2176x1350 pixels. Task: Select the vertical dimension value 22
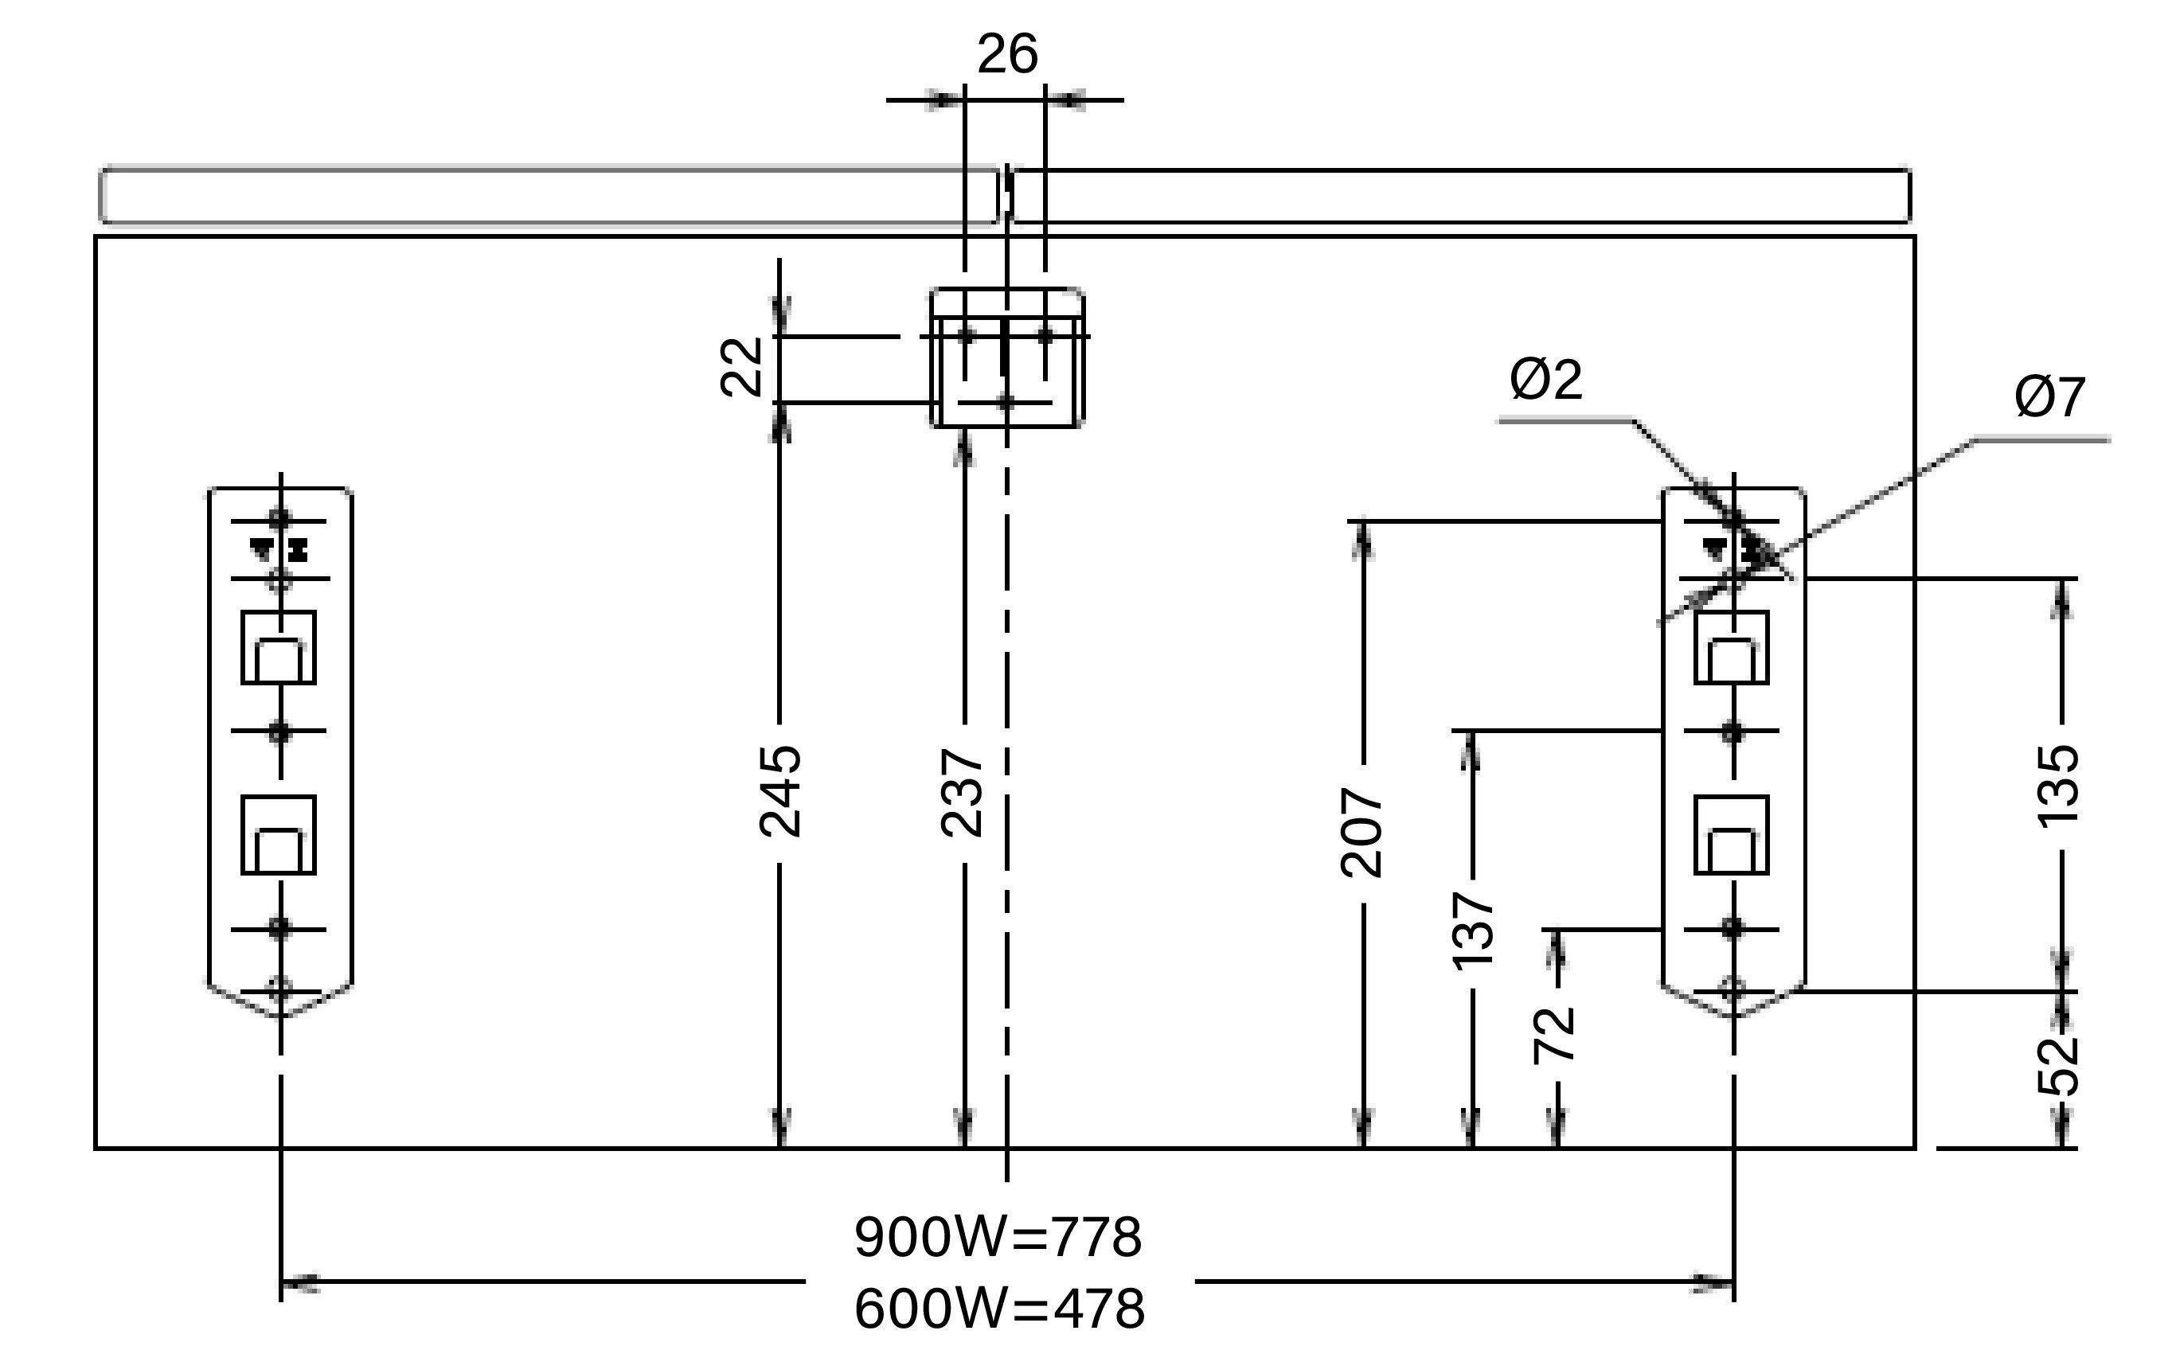tap(742, 366)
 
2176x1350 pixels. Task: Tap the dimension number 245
tap(780, 791)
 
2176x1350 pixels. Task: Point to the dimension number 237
tap(963, 793)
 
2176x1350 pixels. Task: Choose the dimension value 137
tap(1472, 931)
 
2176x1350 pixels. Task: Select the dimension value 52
tap(2059, 1065)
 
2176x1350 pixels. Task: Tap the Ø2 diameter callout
tap(1545, 379)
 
